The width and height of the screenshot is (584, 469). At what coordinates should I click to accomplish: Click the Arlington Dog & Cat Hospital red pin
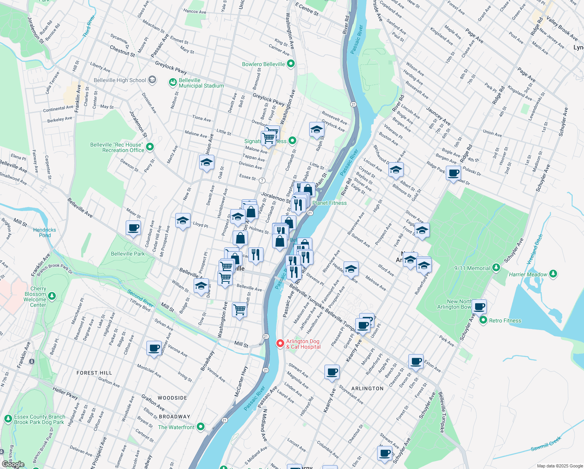tap(280, 343)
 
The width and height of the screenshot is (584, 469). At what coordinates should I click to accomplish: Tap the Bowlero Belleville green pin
tap(290, 64)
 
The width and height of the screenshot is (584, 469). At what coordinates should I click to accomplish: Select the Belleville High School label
tap(120, 80)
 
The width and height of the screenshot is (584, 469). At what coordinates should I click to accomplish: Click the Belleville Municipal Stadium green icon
tap(173, 82)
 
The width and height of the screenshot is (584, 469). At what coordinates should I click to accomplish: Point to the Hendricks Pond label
tap(45, 233)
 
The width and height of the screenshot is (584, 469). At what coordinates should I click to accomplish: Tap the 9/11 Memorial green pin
tap(496, 268)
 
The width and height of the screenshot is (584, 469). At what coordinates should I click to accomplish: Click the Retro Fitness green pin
tap(483, 320)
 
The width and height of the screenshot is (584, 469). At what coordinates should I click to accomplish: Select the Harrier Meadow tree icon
tap(553, 274)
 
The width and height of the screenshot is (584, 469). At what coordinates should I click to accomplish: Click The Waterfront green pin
tap(201, 427)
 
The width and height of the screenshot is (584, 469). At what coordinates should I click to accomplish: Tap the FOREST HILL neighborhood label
tap(94, 373)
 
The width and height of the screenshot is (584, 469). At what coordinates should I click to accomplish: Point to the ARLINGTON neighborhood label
tap(367, 388)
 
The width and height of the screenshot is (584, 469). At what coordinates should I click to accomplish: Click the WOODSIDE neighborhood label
tap(173, 398)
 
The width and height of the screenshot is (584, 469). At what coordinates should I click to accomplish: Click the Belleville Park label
tap(128, 254)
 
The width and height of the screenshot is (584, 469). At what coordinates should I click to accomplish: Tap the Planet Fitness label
tap(329, 203)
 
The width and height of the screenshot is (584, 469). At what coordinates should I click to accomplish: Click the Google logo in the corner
tap(13, 464)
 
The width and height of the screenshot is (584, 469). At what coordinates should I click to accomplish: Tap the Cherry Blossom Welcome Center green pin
tap(52, 297)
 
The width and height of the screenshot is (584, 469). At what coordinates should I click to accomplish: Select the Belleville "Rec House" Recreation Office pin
tap(150, 147)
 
